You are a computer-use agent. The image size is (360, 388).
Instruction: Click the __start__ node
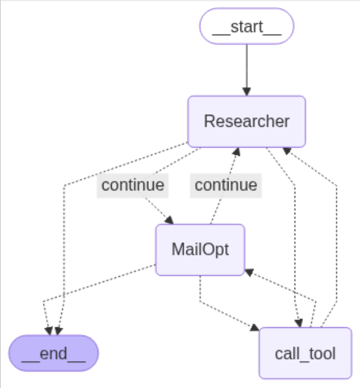(246, 26)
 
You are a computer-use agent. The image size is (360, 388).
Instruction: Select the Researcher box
(246, 121)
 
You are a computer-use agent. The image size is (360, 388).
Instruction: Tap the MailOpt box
(200, 249)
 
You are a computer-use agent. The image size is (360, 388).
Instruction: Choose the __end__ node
(54, 353)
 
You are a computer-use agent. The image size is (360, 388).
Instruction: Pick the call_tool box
(305, 353)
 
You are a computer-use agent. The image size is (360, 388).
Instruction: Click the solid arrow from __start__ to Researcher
(246, 65)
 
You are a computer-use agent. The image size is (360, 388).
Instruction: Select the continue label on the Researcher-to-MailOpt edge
(133, 185)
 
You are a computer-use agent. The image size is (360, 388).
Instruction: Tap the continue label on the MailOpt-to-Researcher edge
(226, 185)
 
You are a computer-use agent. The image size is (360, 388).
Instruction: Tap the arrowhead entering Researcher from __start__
(246, 91)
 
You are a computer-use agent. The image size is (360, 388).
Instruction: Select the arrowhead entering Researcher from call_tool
(287, 149)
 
